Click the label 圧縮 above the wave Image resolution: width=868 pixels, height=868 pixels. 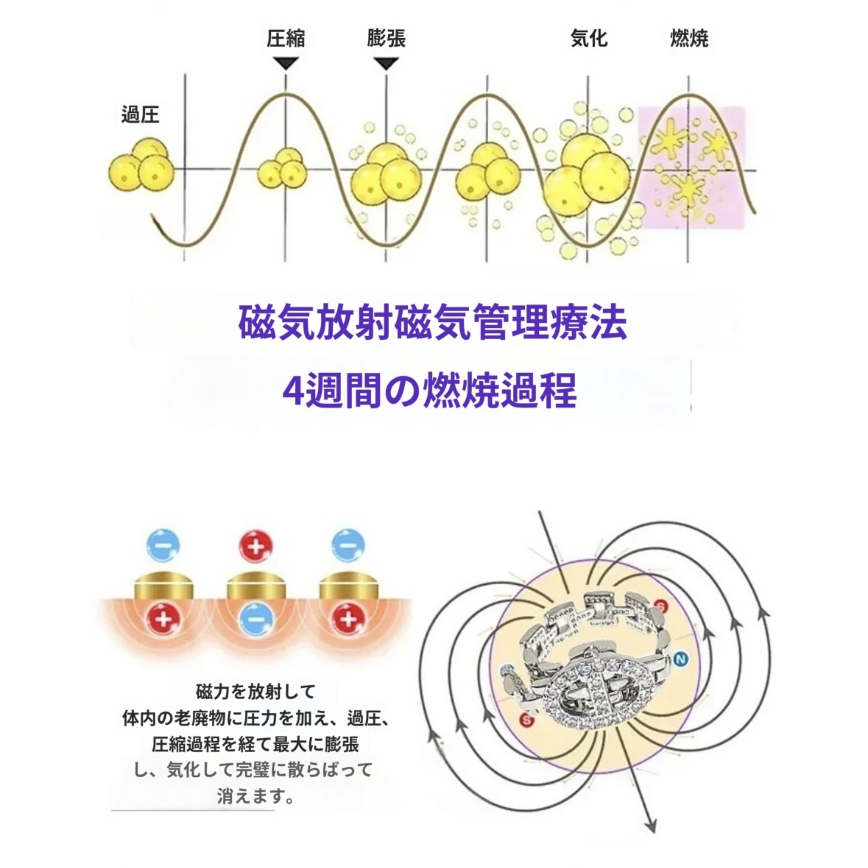tap(286, 39)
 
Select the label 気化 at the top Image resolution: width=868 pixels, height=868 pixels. tap(588, 39)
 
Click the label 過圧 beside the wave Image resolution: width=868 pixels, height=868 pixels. tap(140, 115)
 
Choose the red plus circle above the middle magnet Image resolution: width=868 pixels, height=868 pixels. tap(256, 547)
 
